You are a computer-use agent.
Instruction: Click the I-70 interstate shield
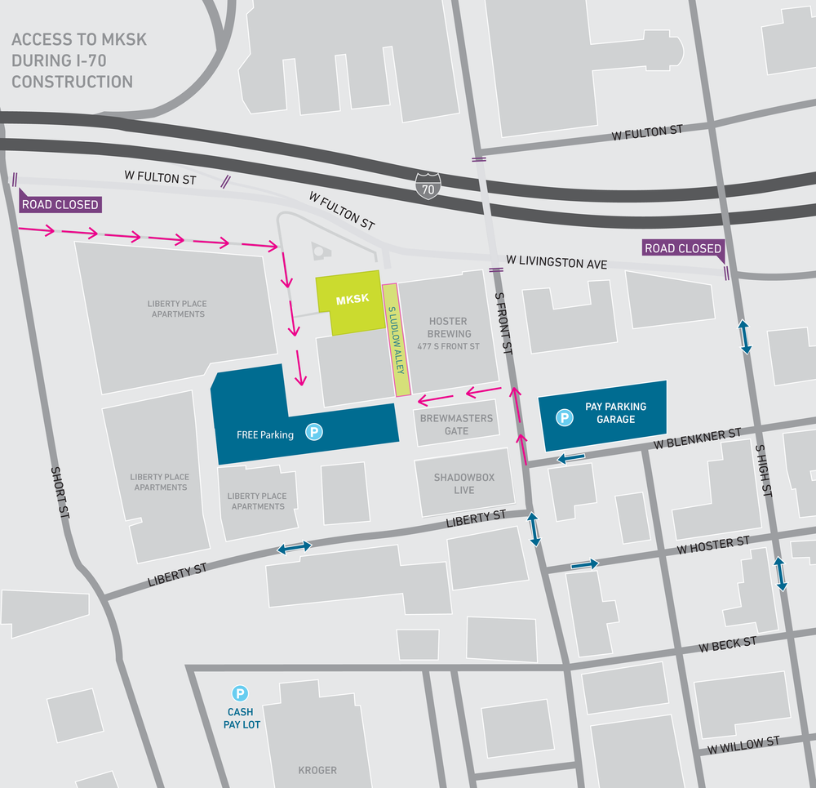[427, 185]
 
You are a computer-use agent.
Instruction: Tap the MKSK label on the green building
[353, 299]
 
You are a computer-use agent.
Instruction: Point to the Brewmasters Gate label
[456, 424]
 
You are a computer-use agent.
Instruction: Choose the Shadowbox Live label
[464, 483]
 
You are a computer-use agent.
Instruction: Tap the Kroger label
[317, 769]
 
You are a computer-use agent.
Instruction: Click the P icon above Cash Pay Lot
[240, 694]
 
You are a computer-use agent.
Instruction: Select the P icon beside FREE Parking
[314, 433]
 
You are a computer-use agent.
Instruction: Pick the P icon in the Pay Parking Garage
[563, 418]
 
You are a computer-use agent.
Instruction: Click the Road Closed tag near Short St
[60, 204]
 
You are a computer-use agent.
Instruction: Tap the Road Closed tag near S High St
[683, 248]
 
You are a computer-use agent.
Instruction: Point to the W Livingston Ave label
[557, 262]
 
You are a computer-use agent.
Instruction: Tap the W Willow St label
[743, 744]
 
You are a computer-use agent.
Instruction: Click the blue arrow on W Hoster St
[584, 564]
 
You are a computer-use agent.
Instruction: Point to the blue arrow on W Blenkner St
[570, 459]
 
